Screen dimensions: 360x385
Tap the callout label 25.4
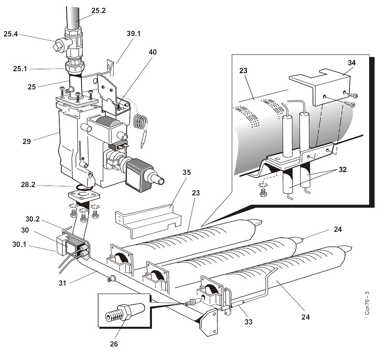coord(11,34)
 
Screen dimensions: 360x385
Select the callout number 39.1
coord(133,34)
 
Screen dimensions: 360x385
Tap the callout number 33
coord(248,322)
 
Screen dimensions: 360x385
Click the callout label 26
coord(114,344)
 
